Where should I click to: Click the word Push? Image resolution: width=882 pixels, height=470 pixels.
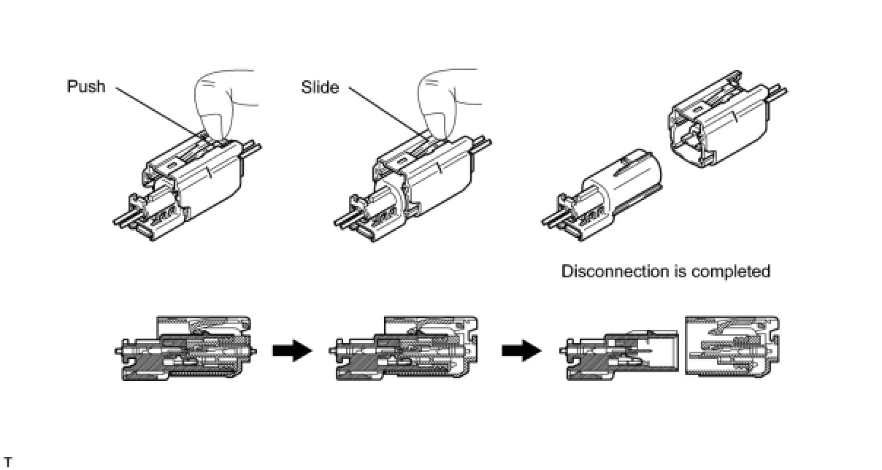(x=86, y=87)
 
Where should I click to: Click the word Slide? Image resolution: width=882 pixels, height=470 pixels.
(x=320, y=88)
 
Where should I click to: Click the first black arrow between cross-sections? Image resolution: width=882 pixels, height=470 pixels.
(x=291, y=352)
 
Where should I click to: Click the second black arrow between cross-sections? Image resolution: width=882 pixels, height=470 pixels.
(x=521, y=352)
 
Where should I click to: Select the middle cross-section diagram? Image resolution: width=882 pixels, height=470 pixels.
(x=407, y=348)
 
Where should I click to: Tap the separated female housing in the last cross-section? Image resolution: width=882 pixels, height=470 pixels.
(x=732, y=346)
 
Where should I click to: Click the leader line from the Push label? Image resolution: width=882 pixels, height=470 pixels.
(x=157, y=113)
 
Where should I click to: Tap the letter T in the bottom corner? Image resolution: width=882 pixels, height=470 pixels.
(x=7, y=461)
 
